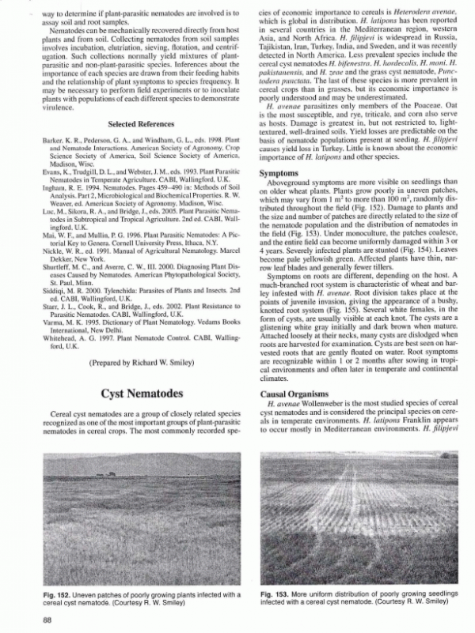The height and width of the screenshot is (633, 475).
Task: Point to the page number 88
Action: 47,619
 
